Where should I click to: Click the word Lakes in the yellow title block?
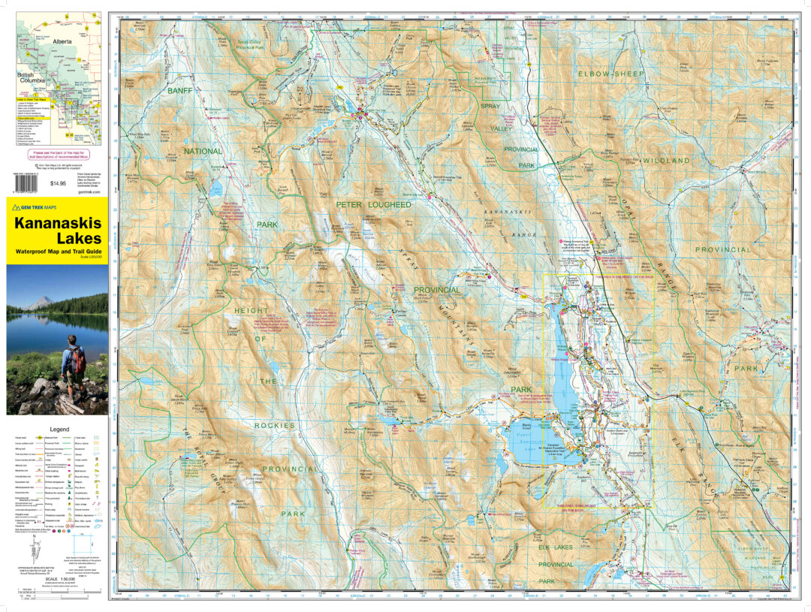[x=56, y=239]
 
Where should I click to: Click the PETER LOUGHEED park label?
[x=373, y=203]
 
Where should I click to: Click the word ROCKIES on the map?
[x=274, y=425]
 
